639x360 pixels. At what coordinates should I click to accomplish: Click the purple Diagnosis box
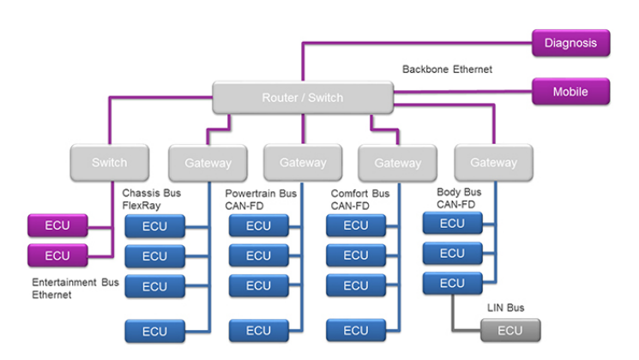(570, 43)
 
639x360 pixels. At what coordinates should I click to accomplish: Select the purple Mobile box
(570, 91)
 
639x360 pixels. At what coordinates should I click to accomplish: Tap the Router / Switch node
(302, 98)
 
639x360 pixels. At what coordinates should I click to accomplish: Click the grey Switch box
(109, 162)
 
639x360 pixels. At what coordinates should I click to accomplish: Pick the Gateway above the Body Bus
(493, 162)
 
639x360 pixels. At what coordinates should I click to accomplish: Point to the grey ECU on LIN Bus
(509, 330)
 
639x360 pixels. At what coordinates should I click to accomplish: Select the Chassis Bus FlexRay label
(152, 199)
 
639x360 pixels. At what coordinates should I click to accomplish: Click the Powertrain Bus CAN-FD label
(261, 200)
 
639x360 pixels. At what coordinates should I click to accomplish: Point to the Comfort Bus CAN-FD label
(360, 200)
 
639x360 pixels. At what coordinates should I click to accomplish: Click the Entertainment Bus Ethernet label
(75, 288)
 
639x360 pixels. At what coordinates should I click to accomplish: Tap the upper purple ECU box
(57, 226)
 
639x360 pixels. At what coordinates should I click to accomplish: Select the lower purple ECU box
(57, 255)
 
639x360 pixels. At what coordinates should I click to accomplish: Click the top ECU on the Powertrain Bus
(258, 226)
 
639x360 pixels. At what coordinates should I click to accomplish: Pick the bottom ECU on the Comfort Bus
(355, 330)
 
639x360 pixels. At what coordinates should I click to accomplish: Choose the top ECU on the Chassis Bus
(154, 226)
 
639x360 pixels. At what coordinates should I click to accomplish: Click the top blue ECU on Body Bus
(452, 224)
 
